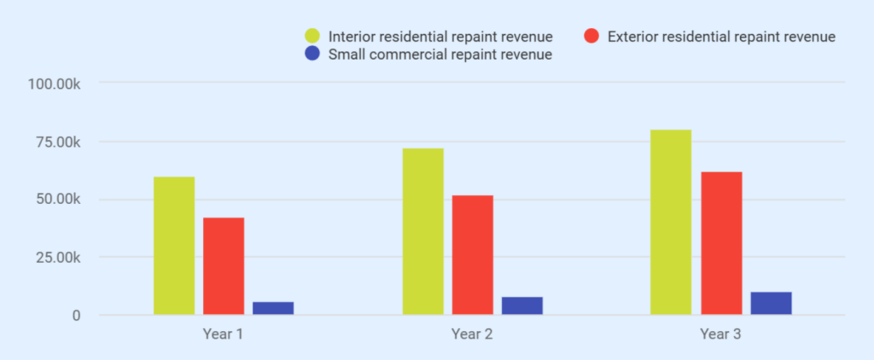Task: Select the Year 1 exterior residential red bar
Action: pos(224,266)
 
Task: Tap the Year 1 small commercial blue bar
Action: pos(273,308)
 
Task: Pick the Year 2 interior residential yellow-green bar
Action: pos(422,231)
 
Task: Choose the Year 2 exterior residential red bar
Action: pos(473,255)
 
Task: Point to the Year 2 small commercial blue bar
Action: pos(522,305)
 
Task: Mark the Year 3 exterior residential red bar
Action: pos(721,243)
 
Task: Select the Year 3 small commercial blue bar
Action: pos(771,303)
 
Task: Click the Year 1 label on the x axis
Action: pos(224,334)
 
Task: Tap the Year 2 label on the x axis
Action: pos(472,334)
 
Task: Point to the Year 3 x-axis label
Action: pos(721,334)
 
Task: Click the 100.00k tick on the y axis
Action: pos(55,83)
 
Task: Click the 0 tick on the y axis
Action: pos(77,316)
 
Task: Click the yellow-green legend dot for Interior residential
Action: pos(313,36)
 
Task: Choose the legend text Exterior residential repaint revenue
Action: pos(721,36)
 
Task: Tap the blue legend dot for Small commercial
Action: pos(313,54)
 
